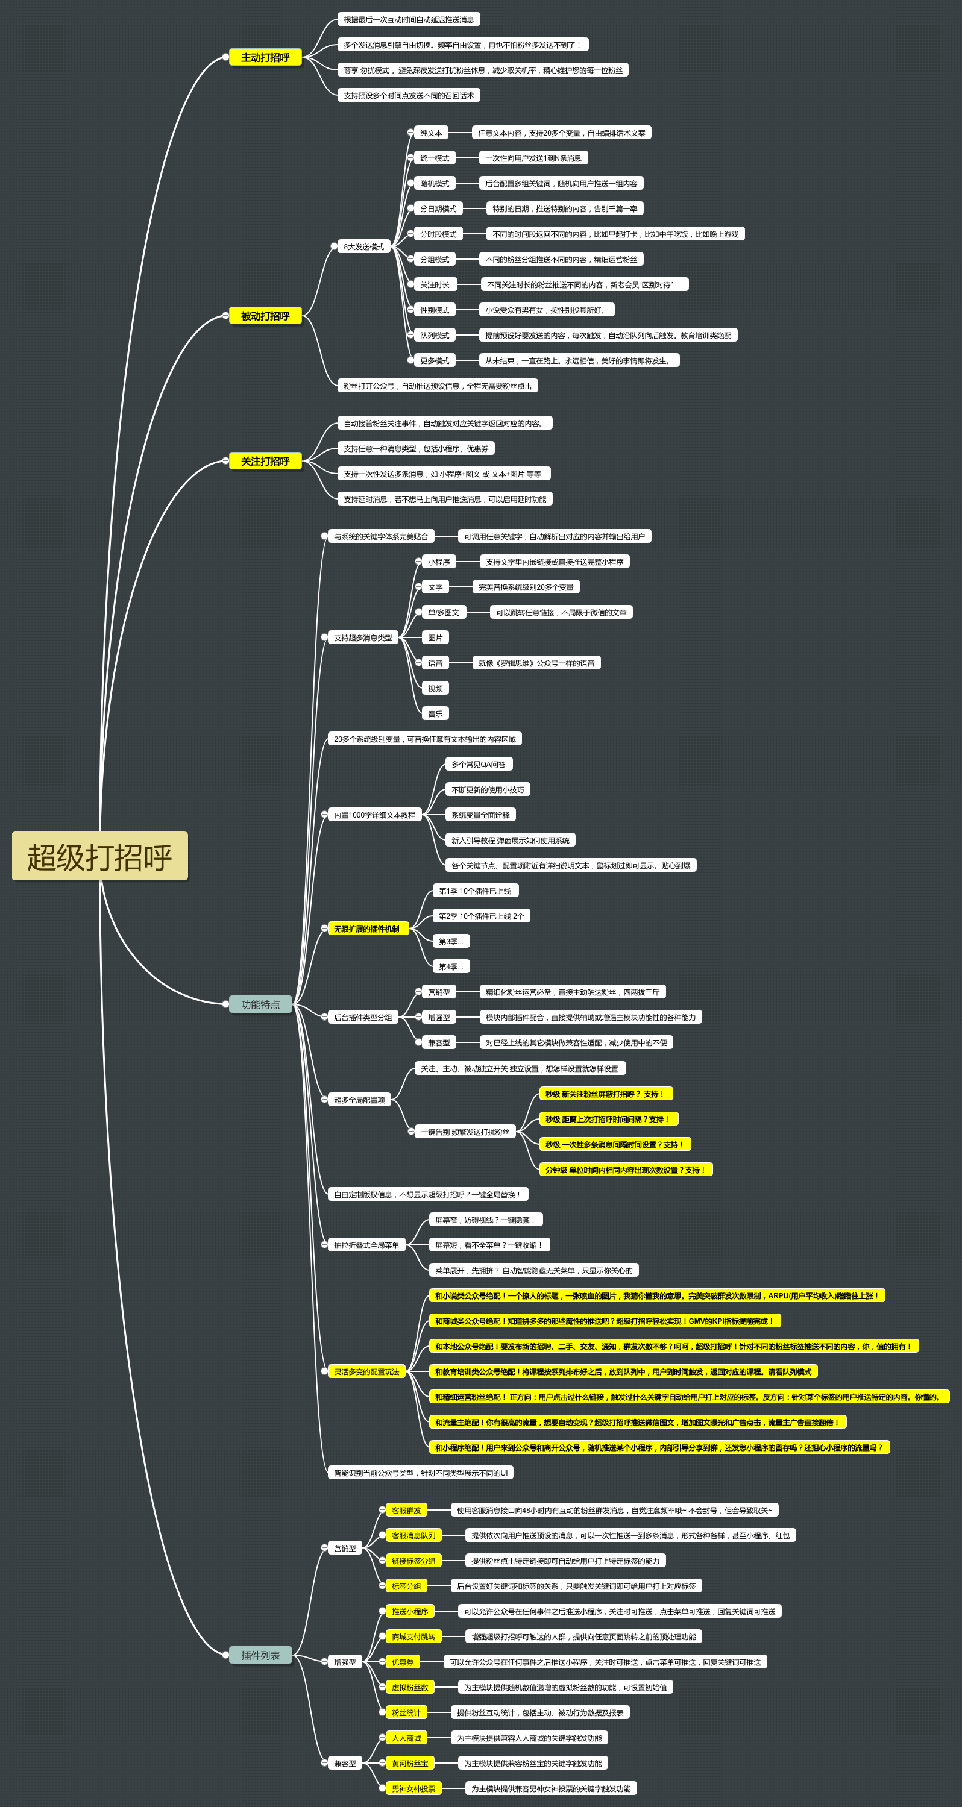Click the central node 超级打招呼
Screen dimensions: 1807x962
coord(99,856)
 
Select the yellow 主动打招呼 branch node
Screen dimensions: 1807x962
coord(265,57)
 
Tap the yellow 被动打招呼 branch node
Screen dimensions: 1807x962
coord(265,316)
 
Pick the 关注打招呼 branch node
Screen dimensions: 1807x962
coord(265,461)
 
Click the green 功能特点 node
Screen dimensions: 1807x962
coord(260,1004)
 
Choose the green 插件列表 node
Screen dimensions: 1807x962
coord(260,1656)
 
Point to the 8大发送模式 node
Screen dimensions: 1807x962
coord(363,247)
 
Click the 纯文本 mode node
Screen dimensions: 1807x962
coord(431,133)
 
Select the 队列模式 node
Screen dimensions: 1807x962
coord(435,335)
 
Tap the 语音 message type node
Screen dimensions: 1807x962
coord(435,663)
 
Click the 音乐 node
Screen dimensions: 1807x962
coord(435,713)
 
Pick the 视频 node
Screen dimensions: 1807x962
coord(435,688)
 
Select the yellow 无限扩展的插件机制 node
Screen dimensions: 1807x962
coord(366,929)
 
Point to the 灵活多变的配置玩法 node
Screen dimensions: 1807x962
coord(366,1371)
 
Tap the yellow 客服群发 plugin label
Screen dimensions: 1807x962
coord(406,1511)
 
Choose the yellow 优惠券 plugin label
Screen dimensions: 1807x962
coord(403,1662)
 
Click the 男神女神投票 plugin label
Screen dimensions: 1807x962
coord(413,1788)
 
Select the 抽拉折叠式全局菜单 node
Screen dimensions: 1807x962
coord(366,1245)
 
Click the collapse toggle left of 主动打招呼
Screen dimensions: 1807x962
coord(225,57)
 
